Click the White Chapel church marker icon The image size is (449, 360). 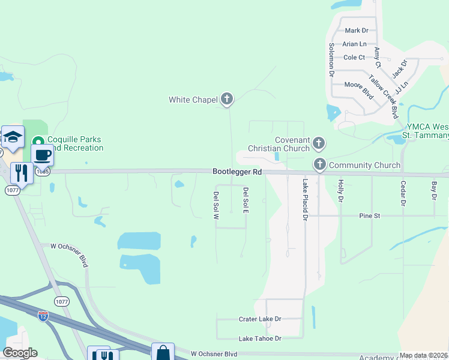click(226, 99)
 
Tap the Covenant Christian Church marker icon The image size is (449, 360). click(319, 143)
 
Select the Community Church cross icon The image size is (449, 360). click(319, 164)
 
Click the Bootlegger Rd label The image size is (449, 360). click(238, 172)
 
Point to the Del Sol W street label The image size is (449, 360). click(215, 205)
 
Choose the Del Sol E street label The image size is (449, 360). click(245, 200)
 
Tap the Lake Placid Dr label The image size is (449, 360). click(305, 200)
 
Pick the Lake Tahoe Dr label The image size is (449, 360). click(259, 339)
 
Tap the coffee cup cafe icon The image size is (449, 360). click(43, 155)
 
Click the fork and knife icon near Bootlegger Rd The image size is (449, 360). click(21, 173)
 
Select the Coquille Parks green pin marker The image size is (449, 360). click(38, 142)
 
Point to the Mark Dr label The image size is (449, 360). click(356, 30)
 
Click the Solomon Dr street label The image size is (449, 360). click(331, 60)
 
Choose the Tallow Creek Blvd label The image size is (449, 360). click(384, 97)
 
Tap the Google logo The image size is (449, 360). click(20, 353)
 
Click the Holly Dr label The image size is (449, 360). click(340, 191)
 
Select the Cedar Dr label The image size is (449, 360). click(403, 194)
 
